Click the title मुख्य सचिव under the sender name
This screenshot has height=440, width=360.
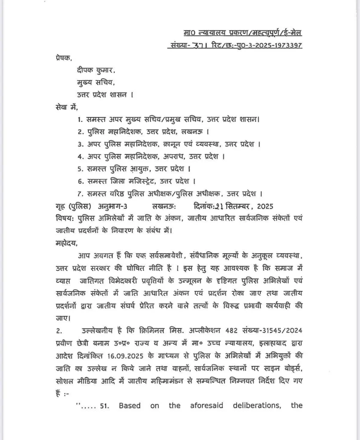(x=91, y=82)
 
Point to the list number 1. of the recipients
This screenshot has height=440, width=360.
(x=80, y=119)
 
